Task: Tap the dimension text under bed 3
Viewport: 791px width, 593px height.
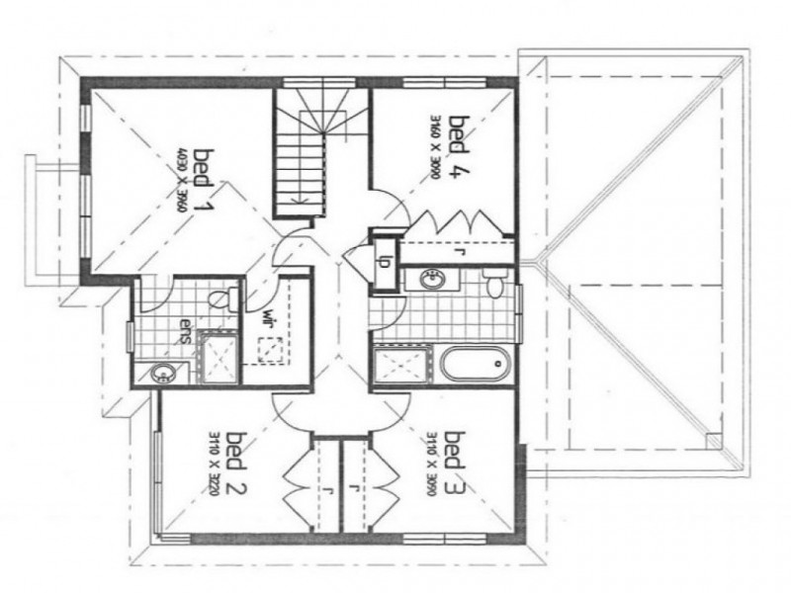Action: (432, 461)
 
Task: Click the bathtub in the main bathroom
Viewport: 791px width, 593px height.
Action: (475, 365)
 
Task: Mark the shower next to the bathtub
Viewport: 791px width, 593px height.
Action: (403, 364)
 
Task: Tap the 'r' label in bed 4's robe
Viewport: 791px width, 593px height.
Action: (461, 251)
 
